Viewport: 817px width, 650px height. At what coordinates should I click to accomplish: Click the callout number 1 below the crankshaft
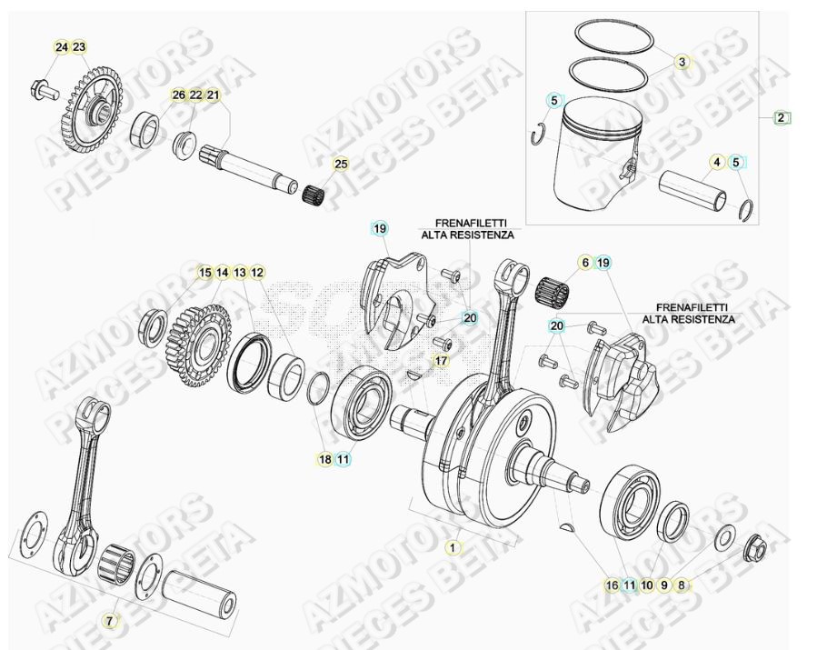pos(452,547)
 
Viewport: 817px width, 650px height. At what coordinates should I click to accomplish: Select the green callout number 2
pos(782,117)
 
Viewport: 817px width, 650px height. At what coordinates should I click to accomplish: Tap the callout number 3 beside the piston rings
pos(682,62)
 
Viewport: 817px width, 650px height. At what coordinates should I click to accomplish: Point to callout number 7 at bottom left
pos(110,621)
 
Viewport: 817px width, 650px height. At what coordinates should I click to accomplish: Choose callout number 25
pos(341,165)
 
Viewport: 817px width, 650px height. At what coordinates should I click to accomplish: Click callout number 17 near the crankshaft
pos(441,361)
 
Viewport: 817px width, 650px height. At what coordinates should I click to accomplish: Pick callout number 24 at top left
pos(61,47)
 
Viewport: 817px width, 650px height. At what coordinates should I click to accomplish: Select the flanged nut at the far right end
pos(753,548)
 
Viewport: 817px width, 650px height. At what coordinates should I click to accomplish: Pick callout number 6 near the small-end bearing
pos(586,263)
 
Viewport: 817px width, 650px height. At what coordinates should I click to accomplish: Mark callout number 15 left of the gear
pos(205,272)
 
